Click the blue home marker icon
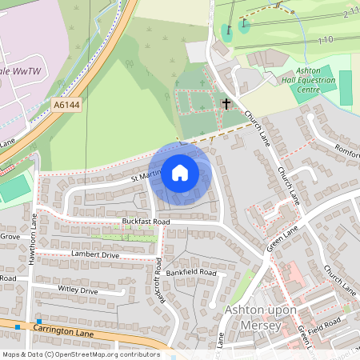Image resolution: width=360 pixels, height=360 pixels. [x=180, y=173]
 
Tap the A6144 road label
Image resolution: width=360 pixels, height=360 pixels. [x=68, y=104]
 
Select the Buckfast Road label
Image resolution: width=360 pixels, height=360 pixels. [x=146, y=221]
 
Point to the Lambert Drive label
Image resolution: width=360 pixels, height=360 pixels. [x=94, y=254]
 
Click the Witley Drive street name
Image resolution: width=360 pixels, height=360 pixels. [x=78, y=290]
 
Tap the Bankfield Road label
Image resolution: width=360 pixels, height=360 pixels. [x=192, y=273]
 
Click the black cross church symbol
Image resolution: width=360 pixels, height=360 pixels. [x=226, y=103]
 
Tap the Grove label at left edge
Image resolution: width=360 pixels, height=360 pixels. [x=10, y=237]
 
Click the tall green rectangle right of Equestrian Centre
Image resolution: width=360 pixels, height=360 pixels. [x=345, y=87]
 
